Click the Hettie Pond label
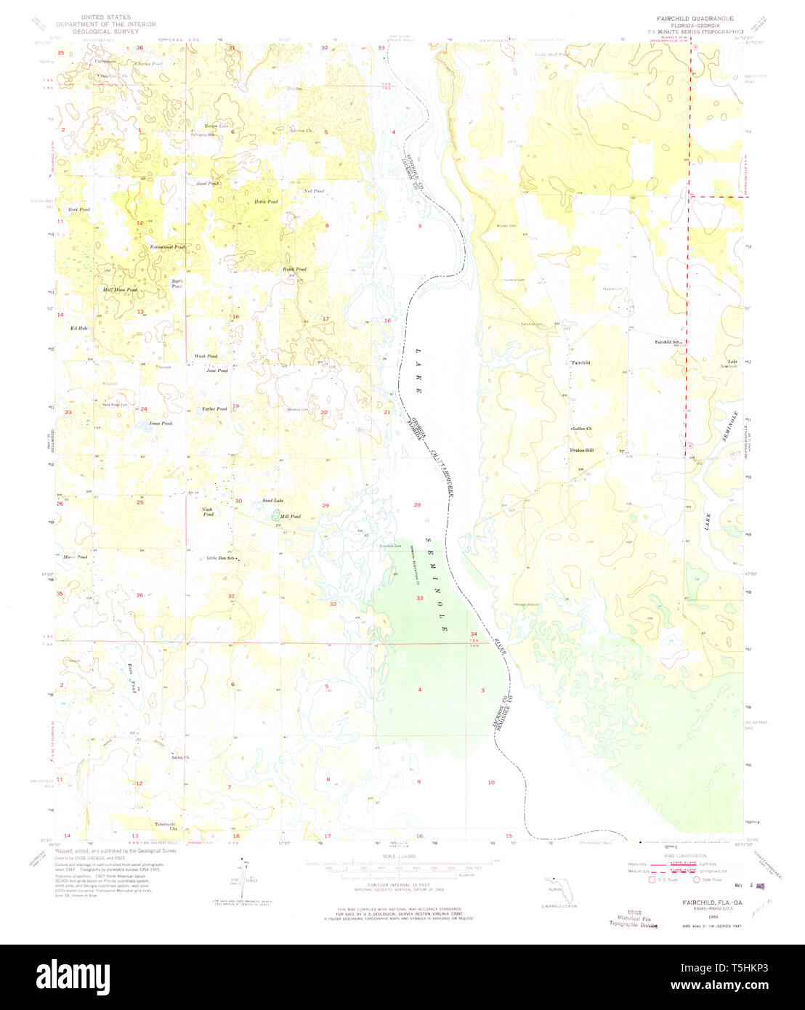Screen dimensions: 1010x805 265,201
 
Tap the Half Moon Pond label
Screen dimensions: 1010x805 121,290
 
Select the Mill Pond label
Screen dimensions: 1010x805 291,517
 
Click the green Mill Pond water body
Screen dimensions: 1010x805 275,517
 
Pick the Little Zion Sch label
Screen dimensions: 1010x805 222,558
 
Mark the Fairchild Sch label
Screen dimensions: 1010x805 668,342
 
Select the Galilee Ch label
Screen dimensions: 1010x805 583,429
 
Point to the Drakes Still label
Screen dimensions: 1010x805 581,451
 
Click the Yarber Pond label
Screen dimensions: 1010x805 214,409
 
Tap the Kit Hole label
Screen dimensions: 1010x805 78,329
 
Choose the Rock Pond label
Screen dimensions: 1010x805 78,209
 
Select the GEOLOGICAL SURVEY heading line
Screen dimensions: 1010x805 107,32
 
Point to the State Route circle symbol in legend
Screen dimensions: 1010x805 697,879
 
